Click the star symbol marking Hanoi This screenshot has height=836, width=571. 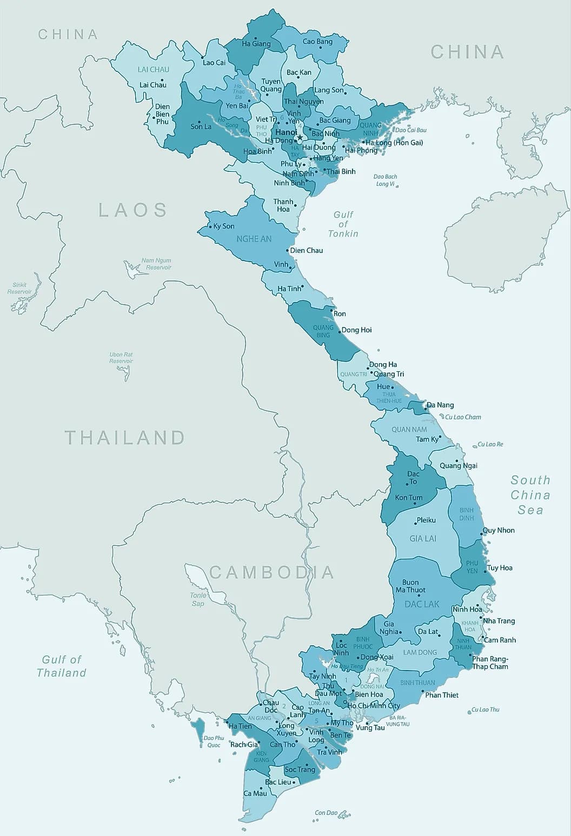click(300, 137)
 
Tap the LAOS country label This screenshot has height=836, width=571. click(132, 210)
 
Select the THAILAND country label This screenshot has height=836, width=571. click(125, 437)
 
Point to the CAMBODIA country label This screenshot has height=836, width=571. click(271, 572)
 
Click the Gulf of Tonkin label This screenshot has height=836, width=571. click(343, 224)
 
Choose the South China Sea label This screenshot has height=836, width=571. click(530, 494)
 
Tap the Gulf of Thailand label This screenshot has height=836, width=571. click(62, 666)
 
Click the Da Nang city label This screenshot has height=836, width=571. click(440, 405)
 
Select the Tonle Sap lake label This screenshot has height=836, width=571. click(198, 599)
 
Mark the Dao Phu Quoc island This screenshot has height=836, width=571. click(198, 726)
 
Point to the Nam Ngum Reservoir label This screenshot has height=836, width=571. click(156, 264)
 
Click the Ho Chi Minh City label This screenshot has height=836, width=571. click(374, 705)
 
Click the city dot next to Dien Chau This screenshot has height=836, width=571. click(287, 251)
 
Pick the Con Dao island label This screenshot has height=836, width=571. click(326, 812)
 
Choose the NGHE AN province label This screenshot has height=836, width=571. click(254, 238)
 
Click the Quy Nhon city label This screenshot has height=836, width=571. click(499, 530)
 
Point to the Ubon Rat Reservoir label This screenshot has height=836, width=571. click(121, 357)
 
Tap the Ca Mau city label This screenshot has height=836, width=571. click(255, 793)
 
